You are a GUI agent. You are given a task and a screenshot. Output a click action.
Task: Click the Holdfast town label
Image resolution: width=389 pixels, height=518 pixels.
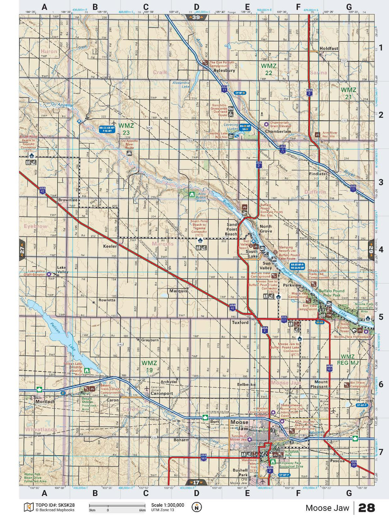329,48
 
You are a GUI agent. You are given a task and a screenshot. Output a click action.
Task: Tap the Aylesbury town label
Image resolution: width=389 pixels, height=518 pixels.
224,70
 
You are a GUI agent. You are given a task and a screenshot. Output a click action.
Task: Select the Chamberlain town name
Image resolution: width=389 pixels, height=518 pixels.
278,132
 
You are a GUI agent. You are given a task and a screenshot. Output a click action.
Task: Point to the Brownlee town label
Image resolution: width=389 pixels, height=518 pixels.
68,200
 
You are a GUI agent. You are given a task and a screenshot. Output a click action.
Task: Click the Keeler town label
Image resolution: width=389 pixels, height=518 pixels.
110,246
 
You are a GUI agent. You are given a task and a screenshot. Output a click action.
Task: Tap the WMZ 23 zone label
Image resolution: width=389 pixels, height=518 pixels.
126,129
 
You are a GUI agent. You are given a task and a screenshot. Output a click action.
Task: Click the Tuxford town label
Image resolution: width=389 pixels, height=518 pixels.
240,322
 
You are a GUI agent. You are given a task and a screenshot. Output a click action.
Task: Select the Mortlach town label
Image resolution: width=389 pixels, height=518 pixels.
45,401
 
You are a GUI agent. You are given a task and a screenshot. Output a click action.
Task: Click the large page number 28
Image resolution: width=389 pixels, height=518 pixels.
366,508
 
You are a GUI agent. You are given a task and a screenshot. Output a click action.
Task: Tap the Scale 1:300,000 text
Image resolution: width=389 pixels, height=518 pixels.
168,505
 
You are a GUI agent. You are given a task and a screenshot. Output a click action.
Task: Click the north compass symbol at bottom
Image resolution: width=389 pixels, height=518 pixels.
197,507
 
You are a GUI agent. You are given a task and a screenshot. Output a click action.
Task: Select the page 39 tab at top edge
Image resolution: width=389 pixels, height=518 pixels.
196,17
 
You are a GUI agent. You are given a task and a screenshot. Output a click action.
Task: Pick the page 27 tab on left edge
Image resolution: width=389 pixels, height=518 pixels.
22,250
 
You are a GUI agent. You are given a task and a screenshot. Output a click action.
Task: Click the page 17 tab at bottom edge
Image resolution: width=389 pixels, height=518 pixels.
196,482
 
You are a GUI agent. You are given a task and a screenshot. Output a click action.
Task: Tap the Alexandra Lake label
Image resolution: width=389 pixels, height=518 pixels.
181,85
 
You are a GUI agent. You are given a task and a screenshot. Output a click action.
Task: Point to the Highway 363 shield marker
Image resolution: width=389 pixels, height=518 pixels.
203,458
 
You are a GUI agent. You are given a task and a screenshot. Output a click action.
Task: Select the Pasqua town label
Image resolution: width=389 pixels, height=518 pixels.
337,461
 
